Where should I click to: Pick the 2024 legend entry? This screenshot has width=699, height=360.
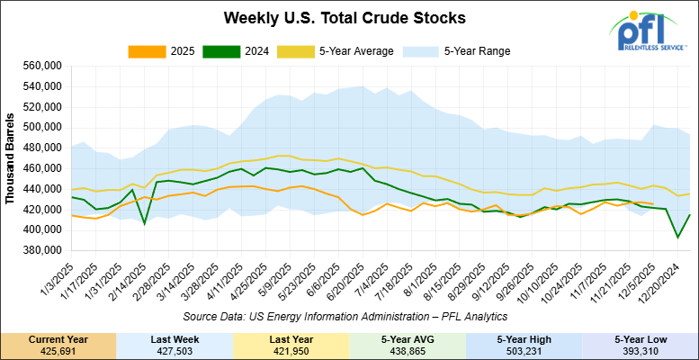coord(232,51)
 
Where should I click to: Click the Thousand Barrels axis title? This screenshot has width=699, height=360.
coord(11,157)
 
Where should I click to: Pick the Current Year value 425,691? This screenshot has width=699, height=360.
coord(58,350)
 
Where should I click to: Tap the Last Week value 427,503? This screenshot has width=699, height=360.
coord(175,350)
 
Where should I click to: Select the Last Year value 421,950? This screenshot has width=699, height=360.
coord(291,350)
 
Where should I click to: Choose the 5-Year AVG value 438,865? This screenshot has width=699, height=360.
coord(408,350)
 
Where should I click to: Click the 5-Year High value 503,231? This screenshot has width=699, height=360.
coord(524,350)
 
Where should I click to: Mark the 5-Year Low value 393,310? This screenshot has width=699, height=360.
coord(641,350)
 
